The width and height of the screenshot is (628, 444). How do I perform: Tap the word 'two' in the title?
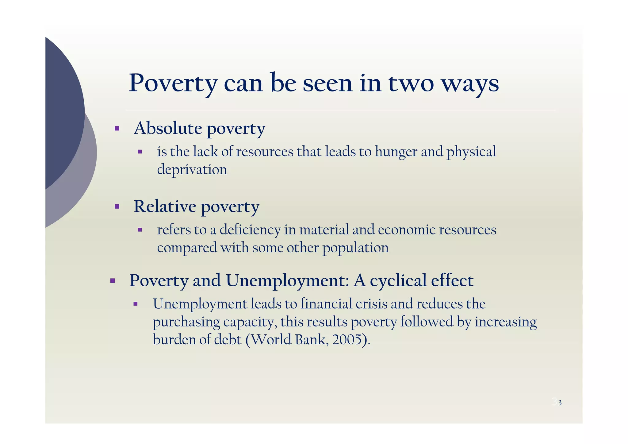411,83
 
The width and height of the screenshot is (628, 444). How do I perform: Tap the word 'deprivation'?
192,170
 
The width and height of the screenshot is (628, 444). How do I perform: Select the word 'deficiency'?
250,230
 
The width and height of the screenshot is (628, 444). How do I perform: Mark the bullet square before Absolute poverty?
117,128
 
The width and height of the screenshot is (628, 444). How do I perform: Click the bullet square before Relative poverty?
117,207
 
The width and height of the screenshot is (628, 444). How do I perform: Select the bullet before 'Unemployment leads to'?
135,304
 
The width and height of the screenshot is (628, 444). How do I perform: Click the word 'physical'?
471,152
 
